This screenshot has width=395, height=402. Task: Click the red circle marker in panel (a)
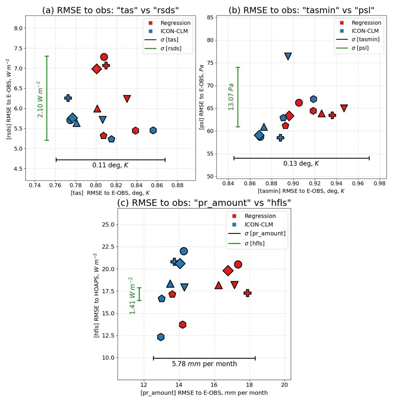104,57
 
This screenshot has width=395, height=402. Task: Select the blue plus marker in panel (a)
68,98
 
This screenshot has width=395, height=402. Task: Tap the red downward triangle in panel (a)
127,98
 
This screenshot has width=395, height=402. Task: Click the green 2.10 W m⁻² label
39,100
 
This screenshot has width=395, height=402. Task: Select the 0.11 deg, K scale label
110,165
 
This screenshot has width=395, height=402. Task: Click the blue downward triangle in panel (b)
288,56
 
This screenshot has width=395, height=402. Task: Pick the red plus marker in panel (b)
332,115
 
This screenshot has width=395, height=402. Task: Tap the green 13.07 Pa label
231,97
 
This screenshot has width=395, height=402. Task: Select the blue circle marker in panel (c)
184,251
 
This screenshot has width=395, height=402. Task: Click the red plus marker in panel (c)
247,293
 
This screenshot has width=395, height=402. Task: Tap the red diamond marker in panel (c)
228,271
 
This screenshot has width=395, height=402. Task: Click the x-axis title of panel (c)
204,393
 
